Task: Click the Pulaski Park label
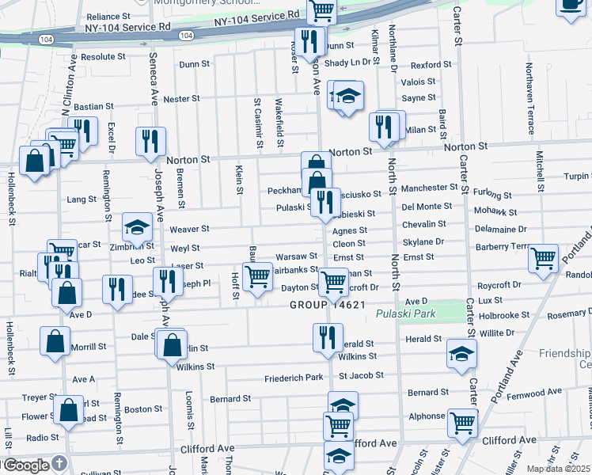(x=400, y=314)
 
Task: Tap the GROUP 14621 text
(x=326, y=304)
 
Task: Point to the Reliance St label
(x=108, y=16)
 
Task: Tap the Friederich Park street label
(x=294, y=377)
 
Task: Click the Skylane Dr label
(x=423, y=242)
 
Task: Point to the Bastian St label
(x=95, y=105)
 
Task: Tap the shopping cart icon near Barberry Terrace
(x=543, y=258)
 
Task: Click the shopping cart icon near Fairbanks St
(x=257, y=277)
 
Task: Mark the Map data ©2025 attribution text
(x=559, y=469)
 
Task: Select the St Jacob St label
(x=361, y=375)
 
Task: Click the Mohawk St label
(x=500, y=213)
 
